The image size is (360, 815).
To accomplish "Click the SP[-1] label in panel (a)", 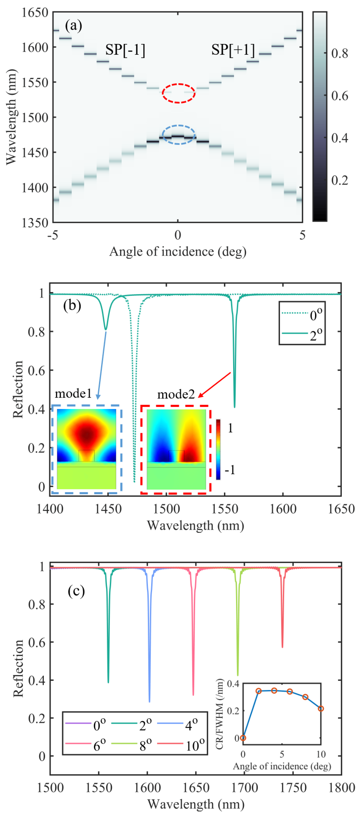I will [x=125, y=50].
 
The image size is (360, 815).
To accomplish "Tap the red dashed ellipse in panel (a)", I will [x=179, y=93].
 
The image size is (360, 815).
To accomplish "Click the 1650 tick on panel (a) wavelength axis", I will [x=35, y=13].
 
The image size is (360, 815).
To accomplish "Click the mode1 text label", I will [x=73, y=394].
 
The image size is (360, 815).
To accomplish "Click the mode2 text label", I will [x=176, y=394].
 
